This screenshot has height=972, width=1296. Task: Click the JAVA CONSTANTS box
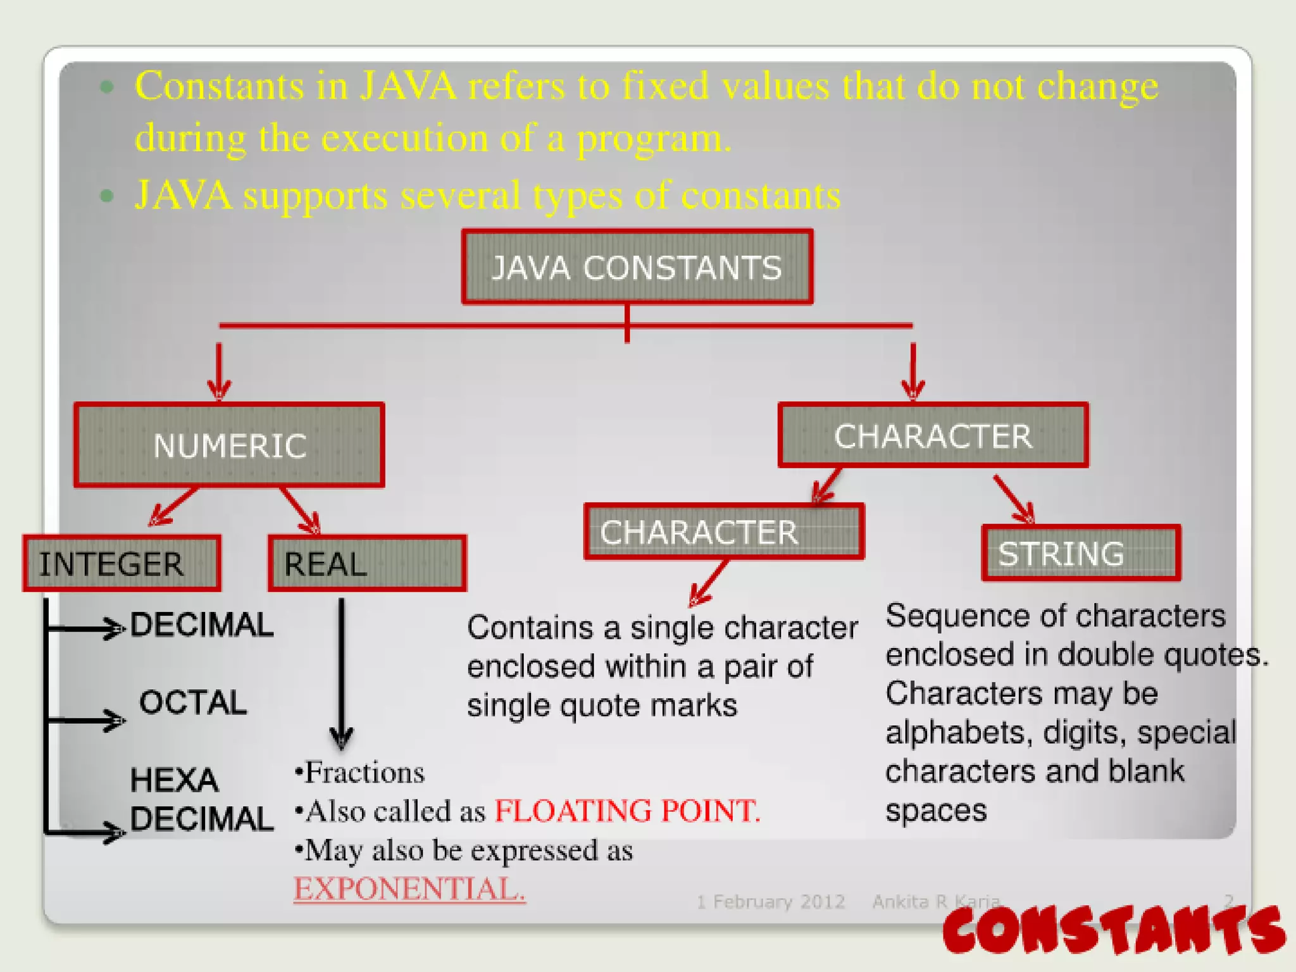[637, 266]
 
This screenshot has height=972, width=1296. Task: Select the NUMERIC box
[229, 445]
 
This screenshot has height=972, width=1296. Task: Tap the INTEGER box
[122, 563]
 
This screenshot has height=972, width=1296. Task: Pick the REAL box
[367, 563]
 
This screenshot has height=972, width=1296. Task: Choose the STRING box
[1081, 553]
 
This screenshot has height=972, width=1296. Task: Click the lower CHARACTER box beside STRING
[724, 532]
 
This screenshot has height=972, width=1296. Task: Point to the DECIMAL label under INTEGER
[202, 625]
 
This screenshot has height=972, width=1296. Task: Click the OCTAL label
[193, 702]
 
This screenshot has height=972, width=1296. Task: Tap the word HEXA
[174, 780]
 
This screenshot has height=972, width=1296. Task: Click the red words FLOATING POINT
[626, 811]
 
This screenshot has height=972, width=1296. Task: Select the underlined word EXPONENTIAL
[409, 889]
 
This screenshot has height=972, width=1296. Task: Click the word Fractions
[364, 773]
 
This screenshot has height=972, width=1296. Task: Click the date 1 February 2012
[771, 902]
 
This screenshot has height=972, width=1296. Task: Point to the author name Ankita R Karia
[935, 901]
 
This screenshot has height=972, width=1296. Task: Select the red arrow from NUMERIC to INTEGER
[173, 507]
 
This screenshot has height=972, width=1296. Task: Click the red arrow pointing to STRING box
[1014, 499]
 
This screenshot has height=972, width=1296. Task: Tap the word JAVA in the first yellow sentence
[408, 86]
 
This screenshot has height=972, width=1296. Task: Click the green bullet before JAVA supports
[107, 196]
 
